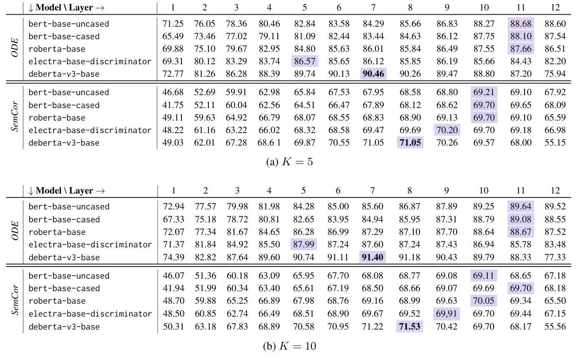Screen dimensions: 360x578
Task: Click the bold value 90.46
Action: pyautogui.click(x=373, y=74)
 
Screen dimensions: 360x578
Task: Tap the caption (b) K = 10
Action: pyautogui.click(x=289, y=346)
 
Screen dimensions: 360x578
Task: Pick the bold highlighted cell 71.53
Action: pyautogui.click(x=410, y=326)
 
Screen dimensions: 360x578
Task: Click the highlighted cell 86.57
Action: pyautogui.click(x=304, y=61)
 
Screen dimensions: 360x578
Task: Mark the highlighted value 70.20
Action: pyautogui.click(x=447, y=130)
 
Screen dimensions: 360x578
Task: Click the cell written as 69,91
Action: pyautogui.click(x=447, y=313)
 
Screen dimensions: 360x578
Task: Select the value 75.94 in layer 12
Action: pyautogui.click(x=555, y=74)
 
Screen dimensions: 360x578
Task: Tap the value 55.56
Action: pyautogui.click(x=555, y=326)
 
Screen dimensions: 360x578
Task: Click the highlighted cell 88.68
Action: pyautogui.click(x=520, y=23)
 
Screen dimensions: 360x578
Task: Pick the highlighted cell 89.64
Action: pyautogui.click(x=520, y=206)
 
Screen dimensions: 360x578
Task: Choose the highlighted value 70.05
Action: pyautogui.click(x=484, y=301)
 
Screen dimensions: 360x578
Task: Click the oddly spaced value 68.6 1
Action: pyautogui.click(x=269, y=143)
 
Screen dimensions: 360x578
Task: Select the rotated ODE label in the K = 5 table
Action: pyautogui.click(x=15, y=49)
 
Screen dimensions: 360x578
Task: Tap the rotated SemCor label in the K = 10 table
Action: pyautogui.click(x=15, y=301)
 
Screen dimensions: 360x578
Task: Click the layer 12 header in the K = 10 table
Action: pyautogui.click(x=555, y=191)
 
